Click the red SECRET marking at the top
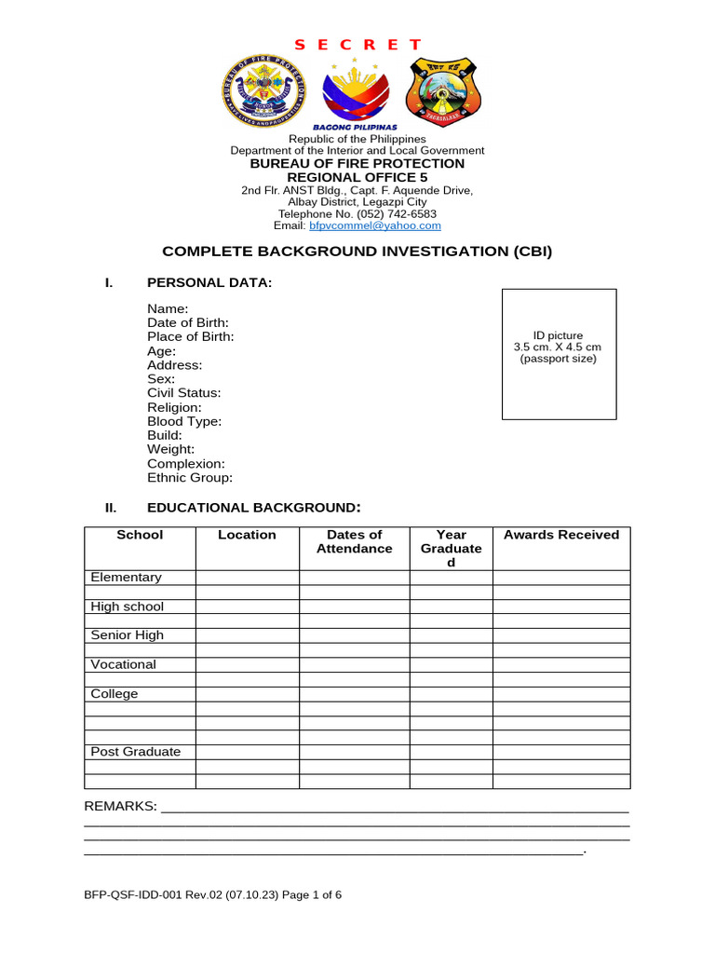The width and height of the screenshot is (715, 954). (x=357, y=45)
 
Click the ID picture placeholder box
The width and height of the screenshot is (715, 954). (x=559, y=354)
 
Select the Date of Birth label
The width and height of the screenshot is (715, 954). (x=188, y=322)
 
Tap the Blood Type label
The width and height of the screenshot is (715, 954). (x=184, y=421)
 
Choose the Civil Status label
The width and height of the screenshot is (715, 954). (x=184, y=393)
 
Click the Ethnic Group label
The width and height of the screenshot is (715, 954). (x=190, y=478)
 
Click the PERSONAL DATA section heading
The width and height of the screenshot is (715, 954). (x=209, y=282)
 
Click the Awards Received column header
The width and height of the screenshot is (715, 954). (x=560, y=535)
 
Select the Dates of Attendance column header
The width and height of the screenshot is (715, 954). (x=354, y=541)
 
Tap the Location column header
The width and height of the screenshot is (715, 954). (x=247, y=535)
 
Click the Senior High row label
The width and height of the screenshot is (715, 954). (x=127, y=635)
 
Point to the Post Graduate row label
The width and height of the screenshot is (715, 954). (x=136, y=752)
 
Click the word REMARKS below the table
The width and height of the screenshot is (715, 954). (x=120, y=806)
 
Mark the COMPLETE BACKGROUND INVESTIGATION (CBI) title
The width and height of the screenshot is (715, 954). (x=357, y=252)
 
